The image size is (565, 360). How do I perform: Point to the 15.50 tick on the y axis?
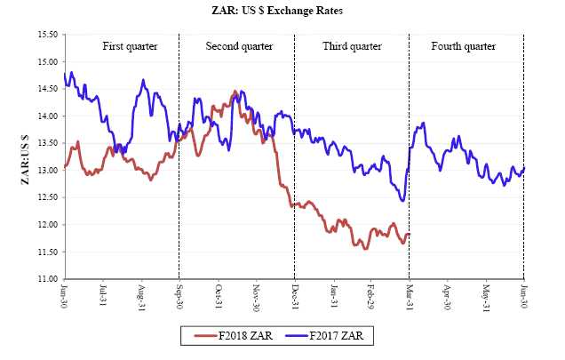point(47,35)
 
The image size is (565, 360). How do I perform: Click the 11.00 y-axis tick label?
point(47,279)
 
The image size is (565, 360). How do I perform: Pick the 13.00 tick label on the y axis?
point(47,171)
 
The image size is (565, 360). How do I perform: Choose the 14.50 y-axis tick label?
point(47,89)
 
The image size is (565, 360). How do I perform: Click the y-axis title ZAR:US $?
point(26,156)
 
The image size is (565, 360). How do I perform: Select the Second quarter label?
point(237,46)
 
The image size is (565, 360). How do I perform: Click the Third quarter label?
point(351,46)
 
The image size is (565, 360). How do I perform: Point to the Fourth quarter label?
point(463,46)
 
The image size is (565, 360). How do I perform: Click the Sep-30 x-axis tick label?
point(179,296)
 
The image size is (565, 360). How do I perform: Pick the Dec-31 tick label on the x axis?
point(294,296)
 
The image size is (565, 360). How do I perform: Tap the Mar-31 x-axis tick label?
point(409,296)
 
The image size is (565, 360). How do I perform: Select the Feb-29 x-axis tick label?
point(370,296)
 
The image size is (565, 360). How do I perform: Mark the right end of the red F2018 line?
point(409,234)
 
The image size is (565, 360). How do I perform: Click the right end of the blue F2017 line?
point(523,167)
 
